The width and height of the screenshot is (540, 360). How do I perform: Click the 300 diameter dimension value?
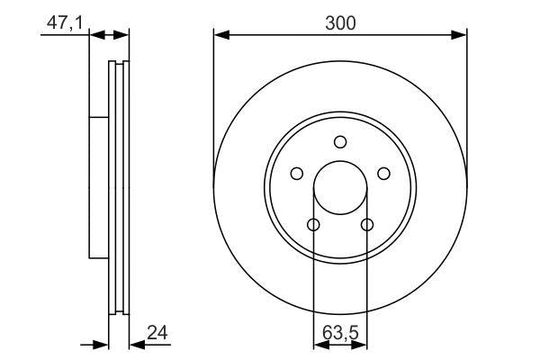[x=339, y=23]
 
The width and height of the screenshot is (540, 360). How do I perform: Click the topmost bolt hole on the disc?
[x=339, y=141]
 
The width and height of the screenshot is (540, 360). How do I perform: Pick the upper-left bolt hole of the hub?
[x=297, y=174]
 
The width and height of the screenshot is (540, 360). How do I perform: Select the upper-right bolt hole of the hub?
[x=382, y=174]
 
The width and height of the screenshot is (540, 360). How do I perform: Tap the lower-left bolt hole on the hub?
[x=313, y=224]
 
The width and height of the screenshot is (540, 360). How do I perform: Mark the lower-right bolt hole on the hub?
[x=366, y=224]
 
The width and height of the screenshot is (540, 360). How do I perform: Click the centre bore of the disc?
[x=339, y=187]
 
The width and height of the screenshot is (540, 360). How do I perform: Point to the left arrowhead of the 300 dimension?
[x=220, y=35]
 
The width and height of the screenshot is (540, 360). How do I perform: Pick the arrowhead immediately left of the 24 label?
[x=136, y=343]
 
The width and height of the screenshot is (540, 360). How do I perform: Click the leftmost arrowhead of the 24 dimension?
[x=102, y=343]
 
